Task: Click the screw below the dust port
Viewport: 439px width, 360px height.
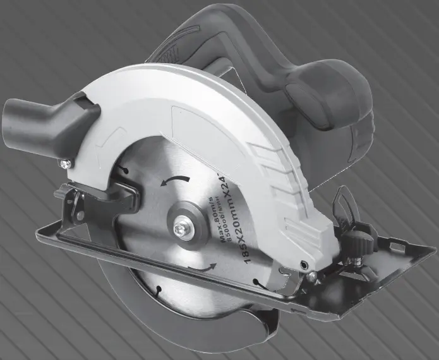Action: pyautogui.click(x=64, y=164)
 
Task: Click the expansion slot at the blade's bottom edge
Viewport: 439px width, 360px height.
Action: pyautogui.click(x=156, y=291)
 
